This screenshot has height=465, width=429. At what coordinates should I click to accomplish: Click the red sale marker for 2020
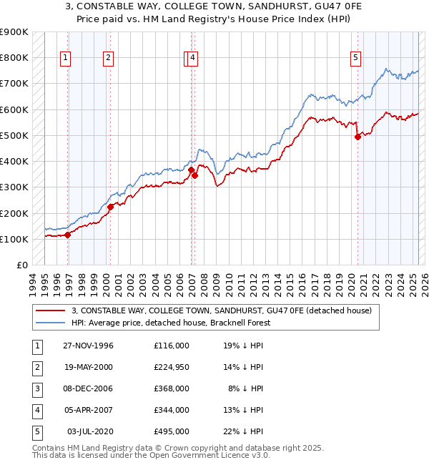[x=357, y=137]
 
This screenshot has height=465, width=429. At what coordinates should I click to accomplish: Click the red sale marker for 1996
[x=68, y=234]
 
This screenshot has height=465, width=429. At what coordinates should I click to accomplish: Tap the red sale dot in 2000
[x=110, y=207]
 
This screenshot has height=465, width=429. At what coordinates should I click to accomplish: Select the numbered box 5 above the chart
[x=355, y=59]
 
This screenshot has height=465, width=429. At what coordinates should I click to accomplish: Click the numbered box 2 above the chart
[x=108, y=59]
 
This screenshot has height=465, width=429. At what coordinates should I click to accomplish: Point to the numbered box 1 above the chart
[x=65, y=59]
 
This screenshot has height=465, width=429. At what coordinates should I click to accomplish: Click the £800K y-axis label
[x=14, y=57]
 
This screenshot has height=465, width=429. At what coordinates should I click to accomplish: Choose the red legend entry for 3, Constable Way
[x=221, y=310]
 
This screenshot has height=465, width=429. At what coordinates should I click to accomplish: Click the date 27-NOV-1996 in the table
[x=89, y=346]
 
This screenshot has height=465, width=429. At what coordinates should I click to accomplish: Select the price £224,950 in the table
[x=171, y=367]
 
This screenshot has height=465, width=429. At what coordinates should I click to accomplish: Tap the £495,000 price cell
[x=171, y=431]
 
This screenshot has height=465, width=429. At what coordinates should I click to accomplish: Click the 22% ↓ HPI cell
[x=244, y=431]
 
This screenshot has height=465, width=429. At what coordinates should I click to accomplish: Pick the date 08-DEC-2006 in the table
[x=89, y=388]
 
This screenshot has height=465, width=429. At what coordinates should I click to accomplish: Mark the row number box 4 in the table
[x=36, y=410]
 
